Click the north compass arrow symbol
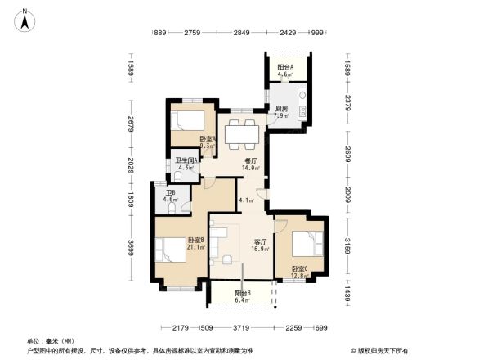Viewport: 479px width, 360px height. pyautogui.click(x=25, y=21)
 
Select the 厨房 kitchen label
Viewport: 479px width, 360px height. pyautogui.click(x=281, y=112)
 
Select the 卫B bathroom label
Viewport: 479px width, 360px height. pyautogui.click(x=170, y=196)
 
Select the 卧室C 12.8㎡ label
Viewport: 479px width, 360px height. pyautogui.click(x=298, y=272)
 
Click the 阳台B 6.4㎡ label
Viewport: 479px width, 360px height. pyautogui.click(x=243, y=297)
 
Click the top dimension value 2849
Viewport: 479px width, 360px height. pyautogui.click(x=240, y=33)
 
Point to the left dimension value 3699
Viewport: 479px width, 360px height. pyautogui.click(x=132, y=247)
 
